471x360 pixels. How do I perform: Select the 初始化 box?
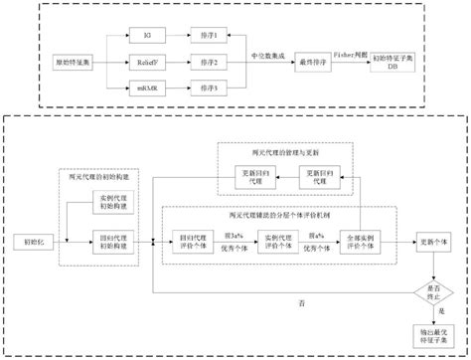tap(27, 242)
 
